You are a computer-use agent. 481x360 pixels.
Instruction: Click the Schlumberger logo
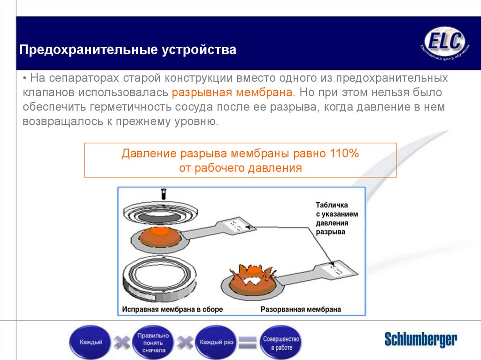point(420,339)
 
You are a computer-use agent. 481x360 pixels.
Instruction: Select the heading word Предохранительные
point(88,49)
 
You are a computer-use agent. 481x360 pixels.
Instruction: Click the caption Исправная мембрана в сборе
point(172,309)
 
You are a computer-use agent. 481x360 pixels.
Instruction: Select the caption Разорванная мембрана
point(301,309)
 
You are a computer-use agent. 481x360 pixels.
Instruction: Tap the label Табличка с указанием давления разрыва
point(337,219)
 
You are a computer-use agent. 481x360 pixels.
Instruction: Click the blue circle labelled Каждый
point(91,342)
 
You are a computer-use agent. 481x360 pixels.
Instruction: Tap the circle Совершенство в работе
point(281,342)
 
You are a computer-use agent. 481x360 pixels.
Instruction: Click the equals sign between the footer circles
point(248,342)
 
